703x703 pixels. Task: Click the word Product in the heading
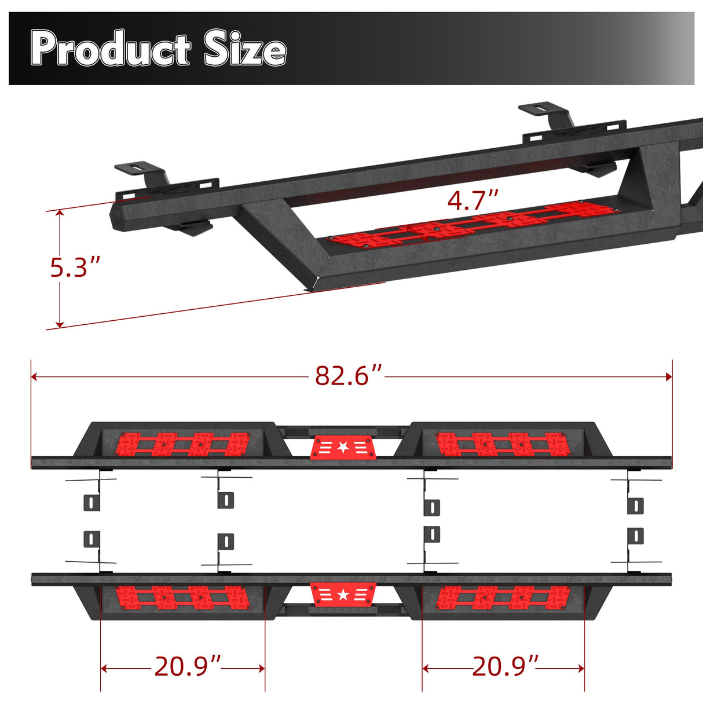coord(110,50)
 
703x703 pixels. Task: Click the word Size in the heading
coord(245,50)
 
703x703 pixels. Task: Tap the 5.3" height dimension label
coord(75,268)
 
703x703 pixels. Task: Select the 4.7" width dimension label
coord(473,201)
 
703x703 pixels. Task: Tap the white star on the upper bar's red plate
coord(343,447)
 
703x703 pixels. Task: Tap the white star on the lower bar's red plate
coord(343,594)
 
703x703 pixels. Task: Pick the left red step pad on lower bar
coord(183,597)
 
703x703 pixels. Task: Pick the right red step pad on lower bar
coord(502,597)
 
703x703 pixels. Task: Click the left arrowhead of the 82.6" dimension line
coord(34,376)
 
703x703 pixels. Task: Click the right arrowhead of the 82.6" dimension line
coord(669,376)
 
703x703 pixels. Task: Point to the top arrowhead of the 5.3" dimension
coord(59,214)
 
